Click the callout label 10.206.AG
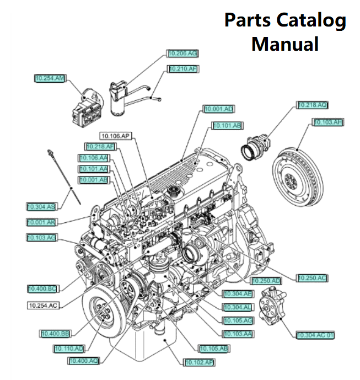(x=183, y=53)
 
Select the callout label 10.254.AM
(x=50, y=79)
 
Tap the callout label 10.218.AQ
(x=313, y=105)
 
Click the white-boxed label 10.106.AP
(x=115, y=136)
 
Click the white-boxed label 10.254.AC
(x=43, y=305)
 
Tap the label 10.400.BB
(x=55, y=334)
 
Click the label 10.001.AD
(x=219, y=109)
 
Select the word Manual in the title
(x=285, y=43)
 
